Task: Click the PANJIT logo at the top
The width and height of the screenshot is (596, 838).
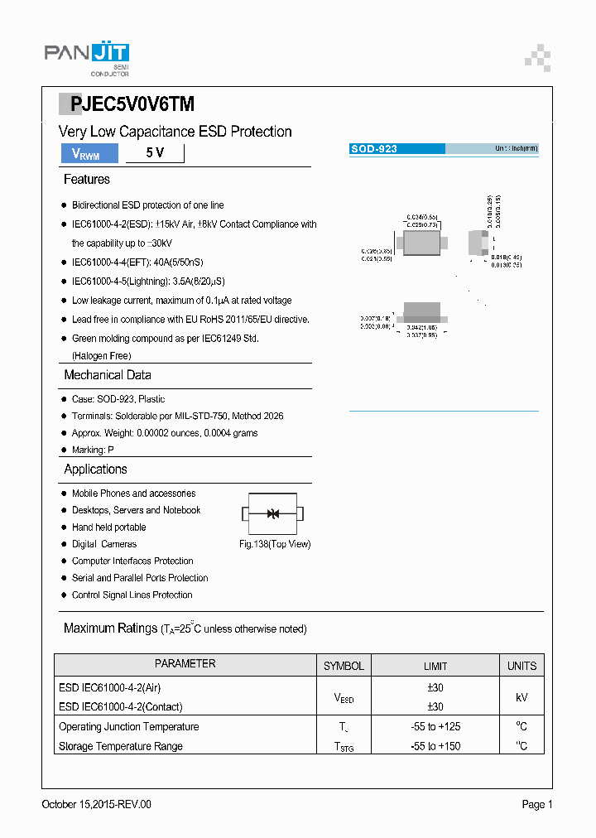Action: click(86, 55)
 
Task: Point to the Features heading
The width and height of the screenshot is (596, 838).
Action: click(86, 180)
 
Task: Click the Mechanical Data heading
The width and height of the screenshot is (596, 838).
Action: click(108, 375)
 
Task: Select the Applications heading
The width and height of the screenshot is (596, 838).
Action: click(95, 470)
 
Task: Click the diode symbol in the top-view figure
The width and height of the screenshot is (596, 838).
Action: click(273, 513)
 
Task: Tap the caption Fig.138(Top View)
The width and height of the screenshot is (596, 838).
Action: click(275, 544)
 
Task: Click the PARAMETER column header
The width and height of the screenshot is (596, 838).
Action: click(185, 664)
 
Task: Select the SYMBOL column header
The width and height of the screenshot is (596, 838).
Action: click(344, 666)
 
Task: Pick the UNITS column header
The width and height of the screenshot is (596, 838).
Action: click(521, 666)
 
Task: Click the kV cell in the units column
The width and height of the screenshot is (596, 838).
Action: click(521, 697)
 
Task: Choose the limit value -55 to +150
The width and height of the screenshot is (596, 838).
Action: click(435, 746)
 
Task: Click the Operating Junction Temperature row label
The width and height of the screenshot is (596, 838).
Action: click(129, 727)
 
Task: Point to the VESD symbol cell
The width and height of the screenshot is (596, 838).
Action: click(344, 698)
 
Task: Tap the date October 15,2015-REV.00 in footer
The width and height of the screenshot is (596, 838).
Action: click(96, 804)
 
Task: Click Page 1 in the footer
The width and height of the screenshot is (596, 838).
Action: click(536, 804)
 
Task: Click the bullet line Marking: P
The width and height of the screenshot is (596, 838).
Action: click(93, 450)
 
